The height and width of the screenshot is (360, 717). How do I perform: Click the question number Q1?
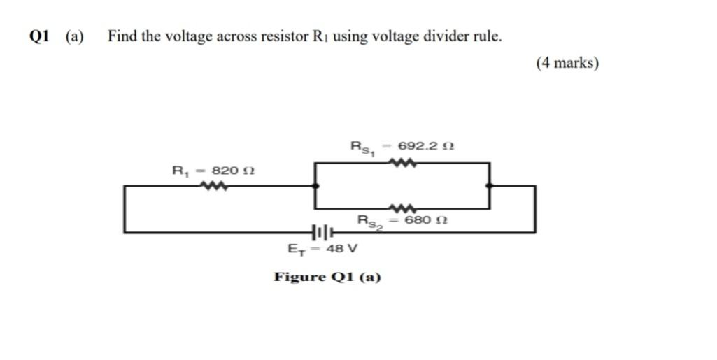click(x=41, y=37)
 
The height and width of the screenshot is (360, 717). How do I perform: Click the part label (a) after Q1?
click(x=74, y=37)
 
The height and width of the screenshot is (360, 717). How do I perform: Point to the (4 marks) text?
click(x=567, y=63)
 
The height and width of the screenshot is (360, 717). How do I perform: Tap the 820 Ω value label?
click(x=233, y=171)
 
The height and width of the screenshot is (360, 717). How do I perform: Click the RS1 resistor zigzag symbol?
click(x=404, y=163)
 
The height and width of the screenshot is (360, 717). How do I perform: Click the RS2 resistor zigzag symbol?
click(x=404, y=208)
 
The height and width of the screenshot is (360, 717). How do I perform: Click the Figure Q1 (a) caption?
click(x=327, y=278)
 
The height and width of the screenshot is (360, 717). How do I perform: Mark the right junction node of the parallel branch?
click(x=490, y=186)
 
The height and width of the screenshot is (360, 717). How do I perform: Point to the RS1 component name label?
click(x=364, y=147)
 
